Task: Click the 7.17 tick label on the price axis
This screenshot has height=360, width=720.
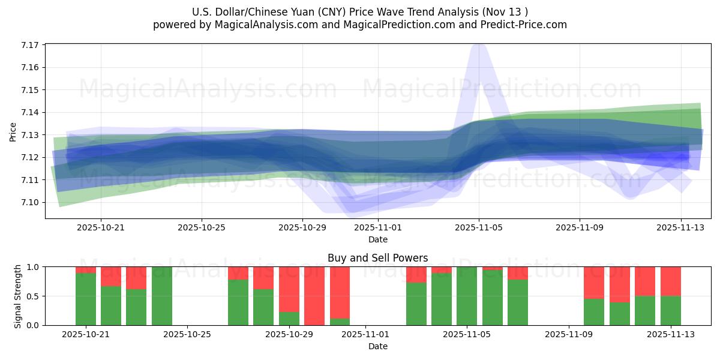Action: click(x=30, y=45)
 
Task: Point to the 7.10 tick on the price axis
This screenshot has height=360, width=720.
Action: click(x=30, y=202)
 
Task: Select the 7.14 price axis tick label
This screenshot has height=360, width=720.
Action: click(x=30, y=112)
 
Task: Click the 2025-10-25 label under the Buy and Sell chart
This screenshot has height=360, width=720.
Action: click(x=188, y=335)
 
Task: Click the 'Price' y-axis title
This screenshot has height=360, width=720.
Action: click(x=13, y=131)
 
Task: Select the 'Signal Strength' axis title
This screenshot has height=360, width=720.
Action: click(x=18, y=296)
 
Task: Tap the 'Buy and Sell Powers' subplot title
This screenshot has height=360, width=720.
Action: click(x=378, y=259)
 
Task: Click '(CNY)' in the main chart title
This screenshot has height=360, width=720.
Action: click(x=332, y=12)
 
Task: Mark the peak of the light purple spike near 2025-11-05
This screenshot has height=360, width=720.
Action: click(x=478, y=46)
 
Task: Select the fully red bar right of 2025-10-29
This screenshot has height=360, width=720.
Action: click(x=314, y=296)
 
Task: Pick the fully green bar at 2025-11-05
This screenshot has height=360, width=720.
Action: click(x=467, y=296)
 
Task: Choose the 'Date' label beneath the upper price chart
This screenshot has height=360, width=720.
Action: click(x=378, y=240)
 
